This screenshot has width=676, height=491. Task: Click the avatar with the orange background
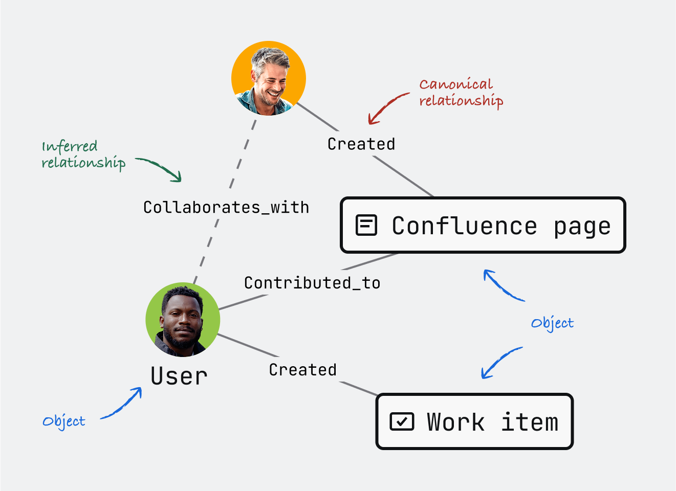269,78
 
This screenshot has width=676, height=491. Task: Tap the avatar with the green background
183,320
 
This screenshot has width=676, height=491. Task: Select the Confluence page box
483,225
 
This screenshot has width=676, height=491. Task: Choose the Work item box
474,421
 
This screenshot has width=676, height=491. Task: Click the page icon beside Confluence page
366,225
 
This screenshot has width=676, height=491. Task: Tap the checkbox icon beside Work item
402,421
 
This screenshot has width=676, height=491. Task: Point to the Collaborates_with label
226,207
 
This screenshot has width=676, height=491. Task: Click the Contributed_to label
312,283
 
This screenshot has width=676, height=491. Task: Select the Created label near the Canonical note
361,144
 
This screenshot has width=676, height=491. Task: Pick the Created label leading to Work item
303,369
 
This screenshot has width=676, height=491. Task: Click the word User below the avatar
179,376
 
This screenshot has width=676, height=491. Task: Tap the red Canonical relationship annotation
461,92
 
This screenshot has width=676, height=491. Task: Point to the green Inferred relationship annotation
83,154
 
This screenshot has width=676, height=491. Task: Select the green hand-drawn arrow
160,168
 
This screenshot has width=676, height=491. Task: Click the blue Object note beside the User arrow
64,421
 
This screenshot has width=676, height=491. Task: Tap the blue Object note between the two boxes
552,323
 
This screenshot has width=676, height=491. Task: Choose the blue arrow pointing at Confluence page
503,285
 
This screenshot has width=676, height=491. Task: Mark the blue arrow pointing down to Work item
500,363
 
